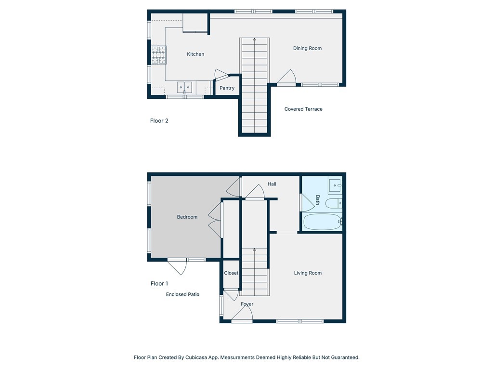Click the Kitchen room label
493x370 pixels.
pos(195,54)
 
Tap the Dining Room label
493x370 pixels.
pos(307,48)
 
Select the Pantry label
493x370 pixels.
pos(227,88)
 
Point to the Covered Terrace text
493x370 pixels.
pos(303,109)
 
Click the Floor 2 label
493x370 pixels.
pos(159,121)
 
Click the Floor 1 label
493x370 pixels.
pos(159,284)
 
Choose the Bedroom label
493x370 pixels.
pos(187,217)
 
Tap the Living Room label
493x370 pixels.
pos(308,273)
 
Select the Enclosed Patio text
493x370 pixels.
pos(182,294)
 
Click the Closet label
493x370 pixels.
pos(231,273)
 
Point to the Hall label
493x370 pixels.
pos(272,184)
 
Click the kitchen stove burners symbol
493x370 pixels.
pos(158,54)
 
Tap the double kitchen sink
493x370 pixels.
pos(184,87)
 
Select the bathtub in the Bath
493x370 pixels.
pos(322,222)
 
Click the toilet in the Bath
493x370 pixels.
pos(334,203)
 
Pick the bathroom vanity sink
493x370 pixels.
pos(335,185)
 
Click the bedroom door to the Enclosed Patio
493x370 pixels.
pos(178,267)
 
